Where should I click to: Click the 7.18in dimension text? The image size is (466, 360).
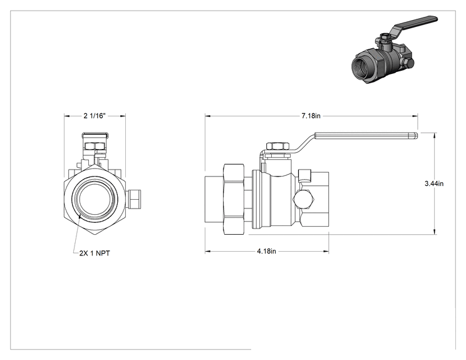click(311, 116)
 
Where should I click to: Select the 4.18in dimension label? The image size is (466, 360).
click(266, 251)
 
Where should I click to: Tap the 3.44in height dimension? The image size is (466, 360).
click(434, 183)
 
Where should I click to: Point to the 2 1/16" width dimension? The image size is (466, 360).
click(95, 116)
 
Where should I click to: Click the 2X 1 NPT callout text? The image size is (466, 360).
click(95, 253)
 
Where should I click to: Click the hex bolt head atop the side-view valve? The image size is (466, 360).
click(278, 146)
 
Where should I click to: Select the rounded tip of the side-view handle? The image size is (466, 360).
click(415, 136)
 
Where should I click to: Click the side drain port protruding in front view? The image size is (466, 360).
click(133, 199)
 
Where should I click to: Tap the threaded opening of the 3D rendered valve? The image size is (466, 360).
click(361, 67)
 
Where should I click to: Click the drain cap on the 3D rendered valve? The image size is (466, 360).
click(408, 63)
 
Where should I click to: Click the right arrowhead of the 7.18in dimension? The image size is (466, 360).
click(415, 116)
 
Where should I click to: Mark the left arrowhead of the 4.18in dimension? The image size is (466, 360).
click(208, 252)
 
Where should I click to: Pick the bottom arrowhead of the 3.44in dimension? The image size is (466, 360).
click(435, 231)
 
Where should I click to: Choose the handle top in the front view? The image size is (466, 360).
click(95, 135)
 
